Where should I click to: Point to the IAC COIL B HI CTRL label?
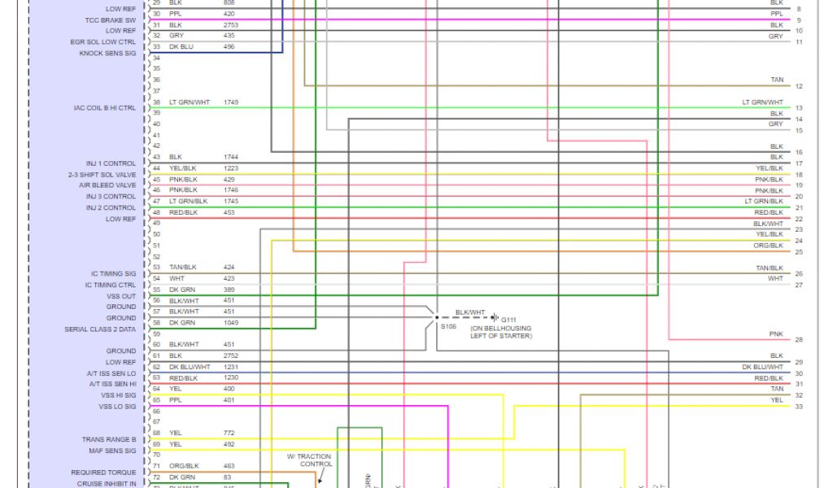(104, 107)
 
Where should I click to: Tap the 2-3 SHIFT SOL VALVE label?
(102, 174)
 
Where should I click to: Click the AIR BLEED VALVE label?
(107, 185)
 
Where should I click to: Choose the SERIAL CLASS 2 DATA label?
(100, 329)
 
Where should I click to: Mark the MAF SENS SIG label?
(112, 450)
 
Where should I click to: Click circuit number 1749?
(232, 102)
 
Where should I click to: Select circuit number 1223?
(232, 168)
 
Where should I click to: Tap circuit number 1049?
(232, 323)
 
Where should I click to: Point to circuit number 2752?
(232, 355)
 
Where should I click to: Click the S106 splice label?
(448, 327)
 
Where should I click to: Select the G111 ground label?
(509, 320)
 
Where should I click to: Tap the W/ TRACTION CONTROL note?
(309, 460)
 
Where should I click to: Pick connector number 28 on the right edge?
(799, 340)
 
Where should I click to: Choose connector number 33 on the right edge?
(799, 407)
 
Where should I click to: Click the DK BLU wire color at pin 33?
(182, 46)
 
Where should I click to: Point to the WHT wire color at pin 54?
(175, 278)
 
